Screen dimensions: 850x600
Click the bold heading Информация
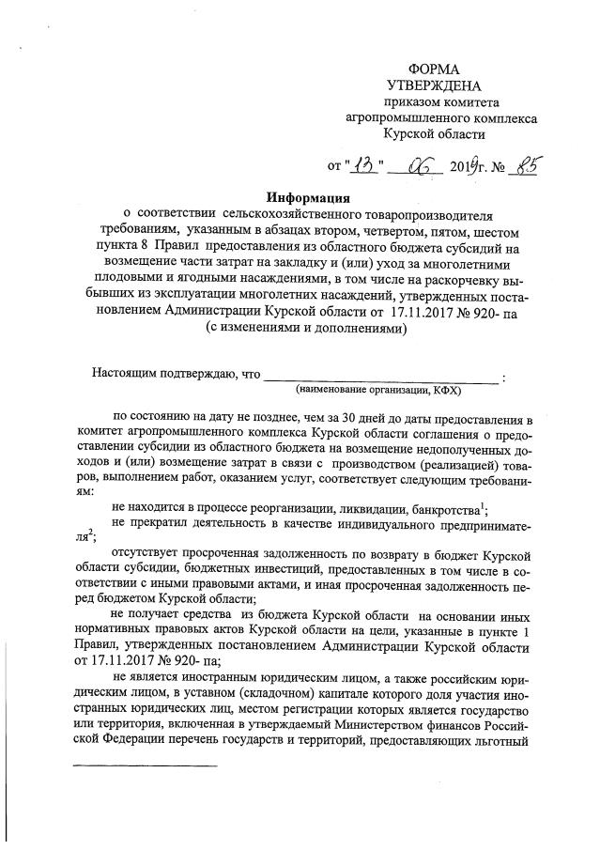click(x=307, y=198)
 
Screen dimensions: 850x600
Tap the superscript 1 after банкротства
click(x=483, y=504)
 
